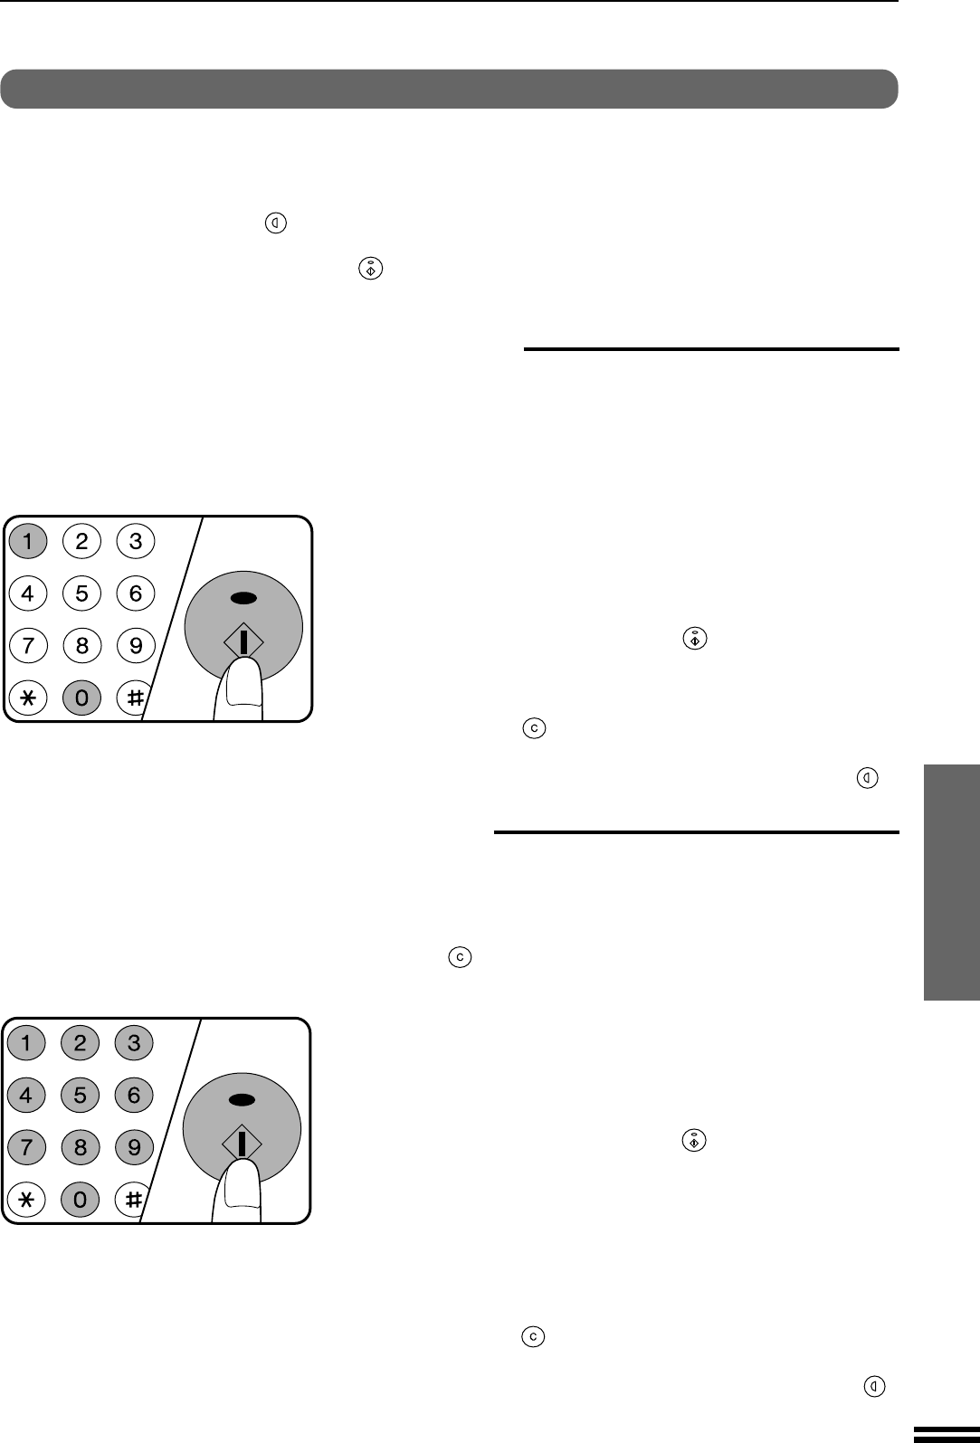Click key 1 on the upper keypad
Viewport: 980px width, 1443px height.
pyautogui.click(x=28, y=541)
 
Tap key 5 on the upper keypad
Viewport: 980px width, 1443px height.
pyautogui.click(x=81, y=593)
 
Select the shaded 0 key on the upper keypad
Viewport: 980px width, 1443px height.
pyautogui.click(x=81, y=698)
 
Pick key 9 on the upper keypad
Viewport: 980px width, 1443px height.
pyautogui.click(x=136, y=645)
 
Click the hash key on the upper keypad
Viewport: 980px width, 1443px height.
pyautogui.click(x=133, y=698)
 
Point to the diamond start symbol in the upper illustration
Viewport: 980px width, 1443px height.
pyautogui.click(x=243, y=641)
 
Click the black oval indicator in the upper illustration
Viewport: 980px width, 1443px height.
pyautogui.click(x=243, y=598)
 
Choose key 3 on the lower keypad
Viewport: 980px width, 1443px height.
pyautogui.click(x=134, y=1043)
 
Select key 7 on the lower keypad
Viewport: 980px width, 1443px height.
pyautogui.click(x=26, y=1147)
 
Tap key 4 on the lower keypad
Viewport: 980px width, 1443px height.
pyautogui.click(x=26, y=1095)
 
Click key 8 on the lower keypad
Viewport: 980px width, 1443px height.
pyautogui.click(x=80, y=1147)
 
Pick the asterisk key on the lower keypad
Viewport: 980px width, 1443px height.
pyautogui.click(x=26, y=1200)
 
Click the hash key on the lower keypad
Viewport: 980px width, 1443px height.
pyautogui.click(x=131, y=1200)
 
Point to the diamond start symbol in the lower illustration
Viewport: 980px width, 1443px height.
pyautogui.click(x=242, y=1144)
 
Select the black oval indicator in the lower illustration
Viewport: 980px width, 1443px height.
pyautogui.click(x=242, y=1100)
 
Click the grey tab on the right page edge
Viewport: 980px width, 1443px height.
pyautogui.click(x=952, y=882)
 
